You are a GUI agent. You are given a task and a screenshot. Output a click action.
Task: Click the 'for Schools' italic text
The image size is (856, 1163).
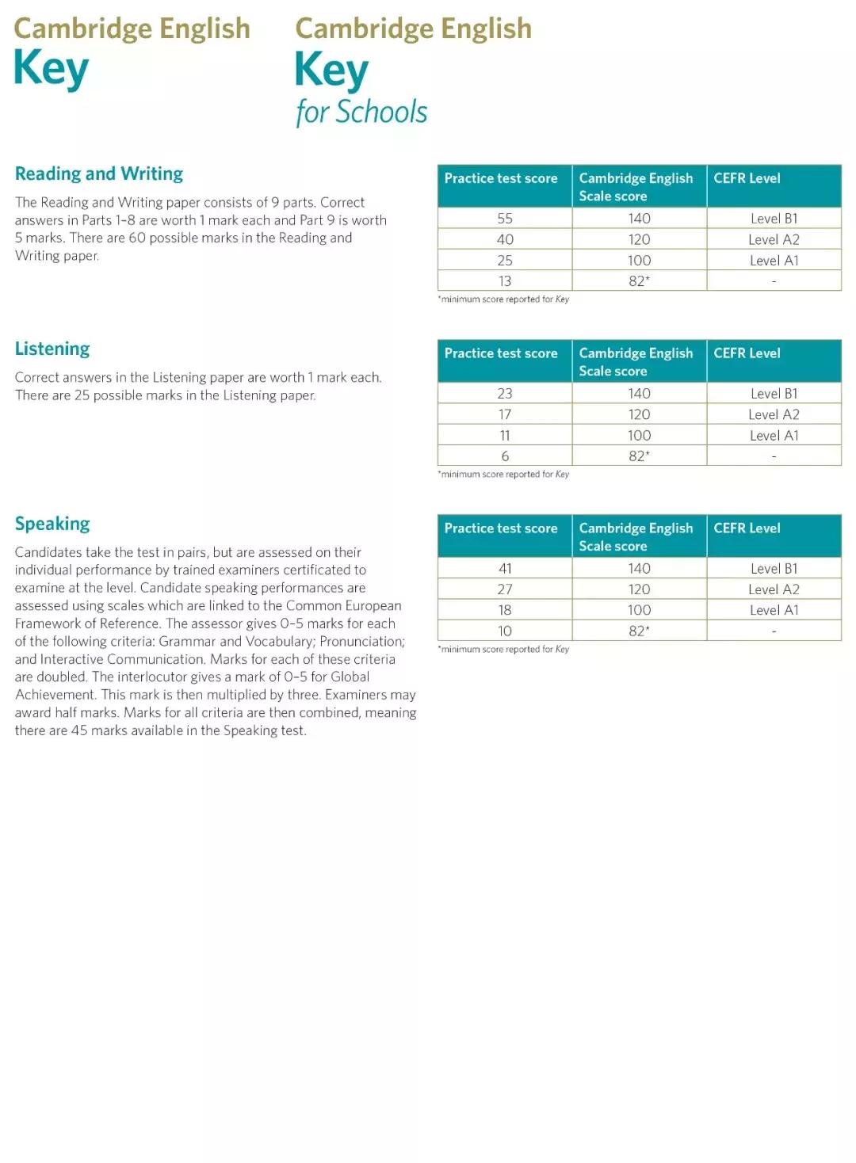coord(361,112)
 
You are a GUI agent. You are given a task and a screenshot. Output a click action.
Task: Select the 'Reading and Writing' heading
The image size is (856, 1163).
coord(99,173)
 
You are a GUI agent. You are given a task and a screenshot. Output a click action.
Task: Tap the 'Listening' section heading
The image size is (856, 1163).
coord(52,349)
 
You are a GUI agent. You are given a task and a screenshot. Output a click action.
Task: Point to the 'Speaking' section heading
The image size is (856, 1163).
coord(52,524)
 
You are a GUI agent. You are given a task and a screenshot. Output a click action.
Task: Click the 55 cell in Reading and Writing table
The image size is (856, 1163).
coord(505,219)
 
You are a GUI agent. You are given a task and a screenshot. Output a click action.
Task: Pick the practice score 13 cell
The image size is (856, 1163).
coord(505,281)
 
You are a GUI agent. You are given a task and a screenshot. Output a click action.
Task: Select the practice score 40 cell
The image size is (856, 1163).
coord(505,239)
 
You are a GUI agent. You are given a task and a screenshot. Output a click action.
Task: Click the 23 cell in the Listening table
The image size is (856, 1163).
coord(505,394)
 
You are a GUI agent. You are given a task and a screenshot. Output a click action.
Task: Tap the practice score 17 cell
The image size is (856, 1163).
coord(505,414)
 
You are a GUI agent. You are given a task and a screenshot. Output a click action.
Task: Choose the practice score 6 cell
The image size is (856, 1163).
coord(505,456)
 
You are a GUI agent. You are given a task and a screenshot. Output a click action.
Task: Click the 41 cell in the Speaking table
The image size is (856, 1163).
coord(505,569)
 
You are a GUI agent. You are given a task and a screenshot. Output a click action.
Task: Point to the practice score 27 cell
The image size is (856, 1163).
coord(505,589)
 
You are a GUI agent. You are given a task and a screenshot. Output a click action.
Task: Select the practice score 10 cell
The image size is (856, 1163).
coord(505,631)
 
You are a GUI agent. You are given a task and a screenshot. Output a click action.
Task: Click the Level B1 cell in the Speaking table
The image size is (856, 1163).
coord(774,569)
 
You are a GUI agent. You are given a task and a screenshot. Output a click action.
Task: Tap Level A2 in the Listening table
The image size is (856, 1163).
coord(774,414)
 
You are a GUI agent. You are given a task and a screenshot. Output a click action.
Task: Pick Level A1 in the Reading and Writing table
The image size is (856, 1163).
coord(774,261)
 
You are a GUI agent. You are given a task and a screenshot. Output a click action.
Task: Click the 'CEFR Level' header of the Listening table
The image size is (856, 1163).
coord(747,353)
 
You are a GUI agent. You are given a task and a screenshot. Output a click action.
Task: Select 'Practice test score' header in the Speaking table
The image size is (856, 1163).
coord(501,528)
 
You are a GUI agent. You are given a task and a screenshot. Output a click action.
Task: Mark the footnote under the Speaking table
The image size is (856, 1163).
coord(503,650)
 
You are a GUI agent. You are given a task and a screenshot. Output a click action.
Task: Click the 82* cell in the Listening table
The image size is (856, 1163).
coord(639,456)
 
